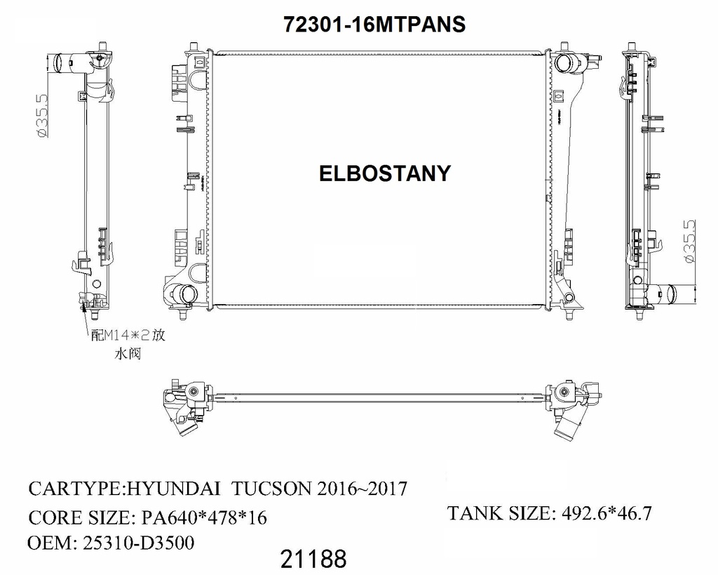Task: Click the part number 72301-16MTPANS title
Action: coord(374,25)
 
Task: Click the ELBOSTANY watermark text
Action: coord(384,173)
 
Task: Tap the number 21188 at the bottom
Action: coord(313,560)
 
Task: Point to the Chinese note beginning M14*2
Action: coord(128,336)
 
